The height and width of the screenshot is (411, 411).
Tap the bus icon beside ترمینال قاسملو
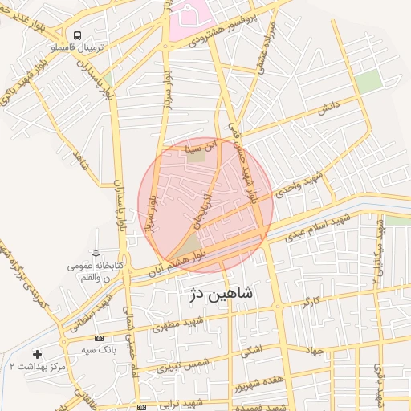pyautogui.click(x=78, y=36)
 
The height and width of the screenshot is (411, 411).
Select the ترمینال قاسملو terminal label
pyautogui.click(x=74, y=49)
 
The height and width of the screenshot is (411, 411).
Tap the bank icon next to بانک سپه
pyautogui.click(x=99, y=338)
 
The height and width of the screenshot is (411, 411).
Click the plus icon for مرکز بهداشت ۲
pyautogui.click(x=37, y=353)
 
